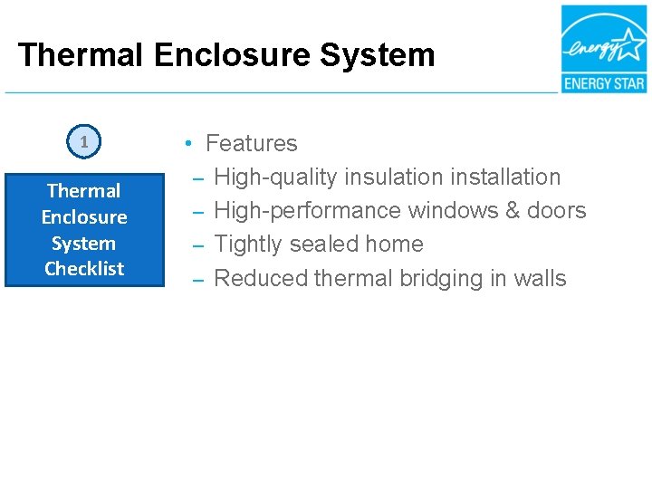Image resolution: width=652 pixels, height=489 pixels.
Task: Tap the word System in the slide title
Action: point(384,55)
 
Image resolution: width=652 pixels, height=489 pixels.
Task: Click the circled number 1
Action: point(83,141)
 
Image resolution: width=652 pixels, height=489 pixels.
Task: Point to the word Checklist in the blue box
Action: point(84,269)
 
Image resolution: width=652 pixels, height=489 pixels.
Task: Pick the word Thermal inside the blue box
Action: point(84,191)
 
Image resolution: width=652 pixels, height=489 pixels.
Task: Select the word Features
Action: point(251,144)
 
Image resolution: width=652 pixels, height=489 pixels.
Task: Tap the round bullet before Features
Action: point(186,144)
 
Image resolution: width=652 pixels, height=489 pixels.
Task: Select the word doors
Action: point(557,211)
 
